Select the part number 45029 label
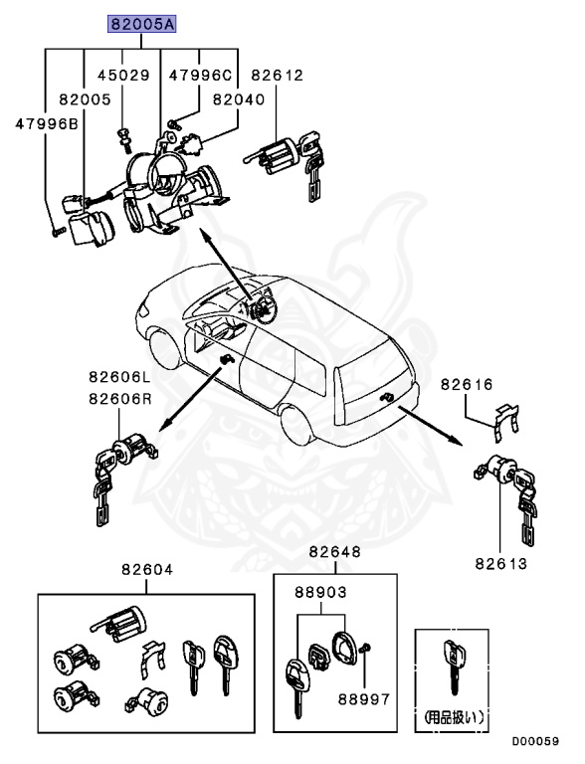click(122, 75)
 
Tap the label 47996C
click(200, 75)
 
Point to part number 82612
click(277, 75)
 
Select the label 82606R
click(118, 398)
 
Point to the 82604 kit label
click(147, 570)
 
